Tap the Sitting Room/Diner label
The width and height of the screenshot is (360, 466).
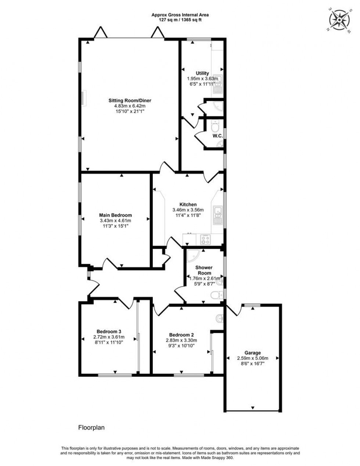[130, 100]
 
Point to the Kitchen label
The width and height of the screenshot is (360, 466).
[188, 205]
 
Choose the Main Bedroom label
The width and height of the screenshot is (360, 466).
[115, 215]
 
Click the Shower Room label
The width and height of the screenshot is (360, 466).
[204, 270]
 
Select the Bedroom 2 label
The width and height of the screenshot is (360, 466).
[181, 335]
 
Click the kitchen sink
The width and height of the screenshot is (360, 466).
[218, 215]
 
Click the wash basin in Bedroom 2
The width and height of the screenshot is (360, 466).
[219, 318]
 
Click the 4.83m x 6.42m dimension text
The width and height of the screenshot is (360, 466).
[130, 106]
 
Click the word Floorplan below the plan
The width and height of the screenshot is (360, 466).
[91, 427]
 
